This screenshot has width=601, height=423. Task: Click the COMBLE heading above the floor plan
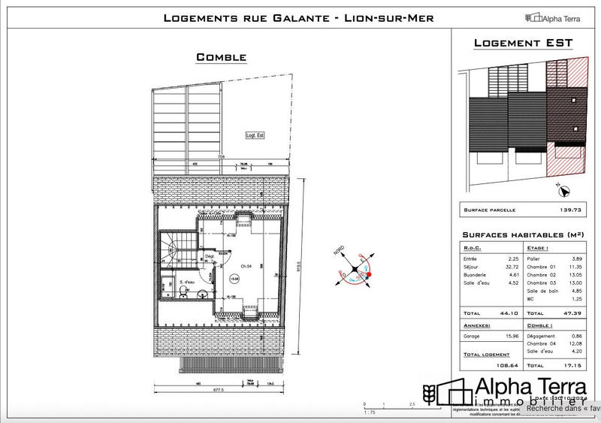click(221, 57)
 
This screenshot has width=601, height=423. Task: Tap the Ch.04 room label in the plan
click(245, 267)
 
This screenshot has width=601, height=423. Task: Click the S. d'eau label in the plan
click(186, 282)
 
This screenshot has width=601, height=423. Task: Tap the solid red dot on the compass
click(367, 275)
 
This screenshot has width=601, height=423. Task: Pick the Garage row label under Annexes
click(472, 336)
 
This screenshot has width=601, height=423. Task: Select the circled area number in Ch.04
click(234, 278)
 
